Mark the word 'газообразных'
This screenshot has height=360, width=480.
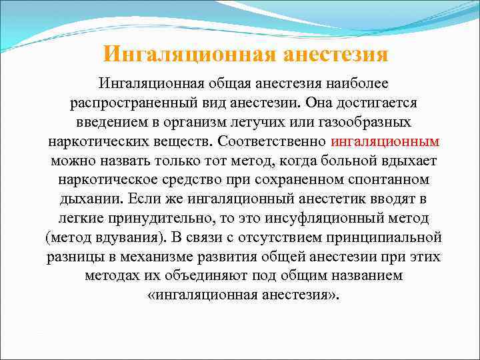[x=363, y=123]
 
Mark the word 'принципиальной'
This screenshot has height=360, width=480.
[x=385, y=238]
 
